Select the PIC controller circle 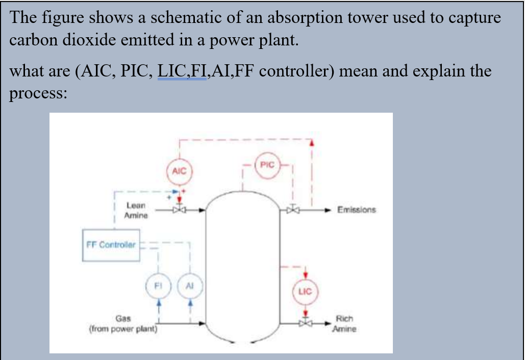[267, 165]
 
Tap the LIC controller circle [305, 291]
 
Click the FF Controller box [111, 245]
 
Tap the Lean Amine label [136, 210]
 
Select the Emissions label [357, 210]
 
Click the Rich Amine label [344, 323]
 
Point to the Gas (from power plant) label [123, 323]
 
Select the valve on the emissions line [293, 210]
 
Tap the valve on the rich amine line [305, 323]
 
